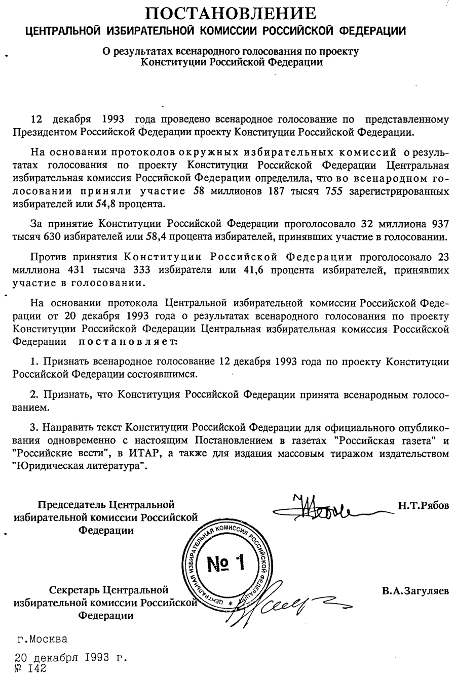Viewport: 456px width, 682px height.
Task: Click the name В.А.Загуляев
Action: (x=415, y=590)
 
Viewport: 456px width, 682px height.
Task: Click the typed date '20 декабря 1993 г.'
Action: (x=70, y=659)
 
